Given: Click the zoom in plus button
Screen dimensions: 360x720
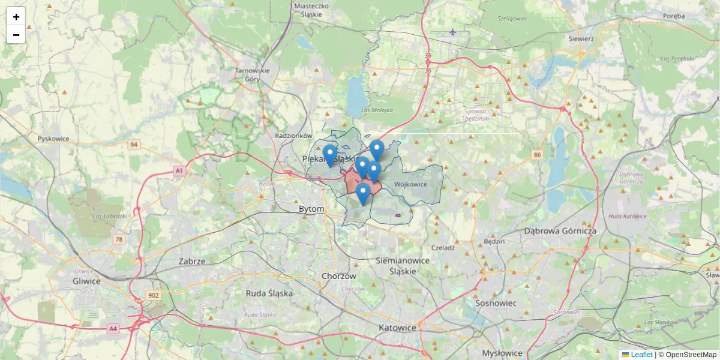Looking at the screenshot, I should (16, 16).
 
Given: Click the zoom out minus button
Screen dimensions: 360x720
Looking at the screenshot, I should (16, 35).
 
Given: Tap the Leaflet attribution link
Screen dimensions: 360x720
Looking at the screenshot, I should (641, 355).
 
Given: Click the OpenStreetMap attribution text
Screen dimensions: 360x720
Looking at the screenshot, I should (691, 355).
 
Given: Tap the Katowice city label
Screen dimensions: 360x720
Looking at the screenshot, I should (397, 328).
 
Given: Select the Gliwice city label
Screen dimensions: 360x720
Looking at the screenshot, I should (86, 281).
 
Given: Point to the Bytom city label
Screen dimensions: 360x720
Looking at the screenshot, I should (311, 209).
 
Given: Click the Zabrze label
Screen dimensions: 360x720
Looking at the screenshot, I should (192, 262).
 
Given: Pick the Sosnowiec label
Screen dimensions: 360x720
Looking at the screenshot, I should (496, 303).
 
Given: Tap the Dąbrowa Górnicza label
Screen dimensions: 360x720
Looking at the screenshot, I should (560, 230).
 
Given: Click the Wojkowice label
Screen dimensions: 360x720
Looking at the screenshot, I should (410, 184).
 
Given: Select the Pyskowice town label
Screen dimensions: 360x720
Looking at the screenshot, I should (53, 139).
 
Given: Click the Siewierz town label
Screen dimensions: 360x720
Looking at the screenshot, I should (581, 38).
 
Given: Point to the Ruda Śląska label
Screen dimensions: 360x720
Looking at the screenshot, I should (269, 293).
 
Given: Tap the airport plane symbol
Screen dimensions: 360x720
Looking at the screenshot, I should (452, 32).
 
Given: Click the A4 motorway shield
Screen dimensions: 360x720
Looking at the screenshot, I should (113, 329).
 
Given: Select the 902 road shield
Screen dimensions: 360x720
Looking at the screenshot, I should (153, 295).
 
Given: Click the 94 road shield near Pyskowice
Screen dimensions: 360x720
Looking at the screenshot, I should (133, 145).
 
